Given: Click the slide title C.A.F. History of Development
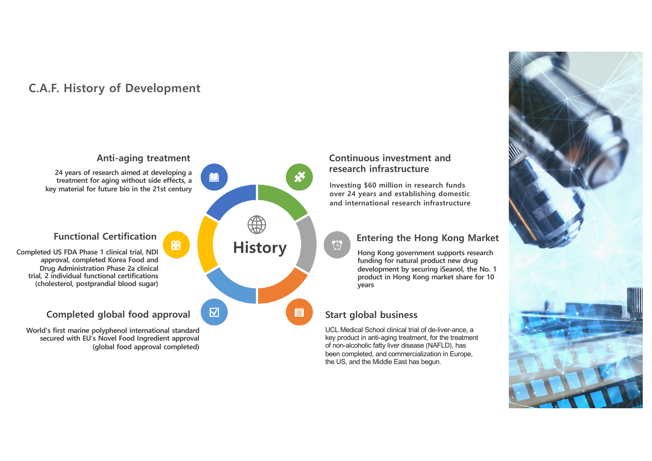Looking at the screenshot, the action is (114, 88).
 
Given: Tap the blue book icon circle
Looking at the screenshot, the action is (214, 177).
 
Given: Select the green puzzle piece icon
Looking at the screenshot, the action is (299, 177).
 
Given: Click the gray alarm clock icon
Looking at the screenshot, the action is (337, 245).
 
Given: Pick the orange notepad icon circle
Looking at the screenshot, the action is (299, 312).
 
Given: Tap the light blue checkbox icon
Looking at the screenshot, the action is (214, 312).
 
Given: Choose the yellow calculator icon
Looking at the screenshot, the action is (176, 245).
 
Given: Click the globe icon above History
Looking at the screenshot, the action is (257, 225).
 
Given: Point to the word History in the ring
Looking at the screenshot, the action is (260, 248).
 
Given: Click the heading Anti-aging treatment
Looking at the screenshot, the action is (143, 158).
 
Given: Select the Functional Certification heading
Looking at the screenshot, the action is (105, 237).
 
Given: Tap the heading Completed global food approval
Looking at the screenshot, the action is (118, 315).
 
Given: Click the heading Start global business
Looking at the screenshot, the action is (371, 315).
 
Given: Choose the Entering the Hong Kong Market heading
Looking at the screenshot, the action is (427, 238).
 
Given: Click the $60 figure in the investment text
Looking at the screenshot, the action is (370, 185).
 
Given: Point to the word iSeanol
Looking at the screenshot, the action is (452, 269).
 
